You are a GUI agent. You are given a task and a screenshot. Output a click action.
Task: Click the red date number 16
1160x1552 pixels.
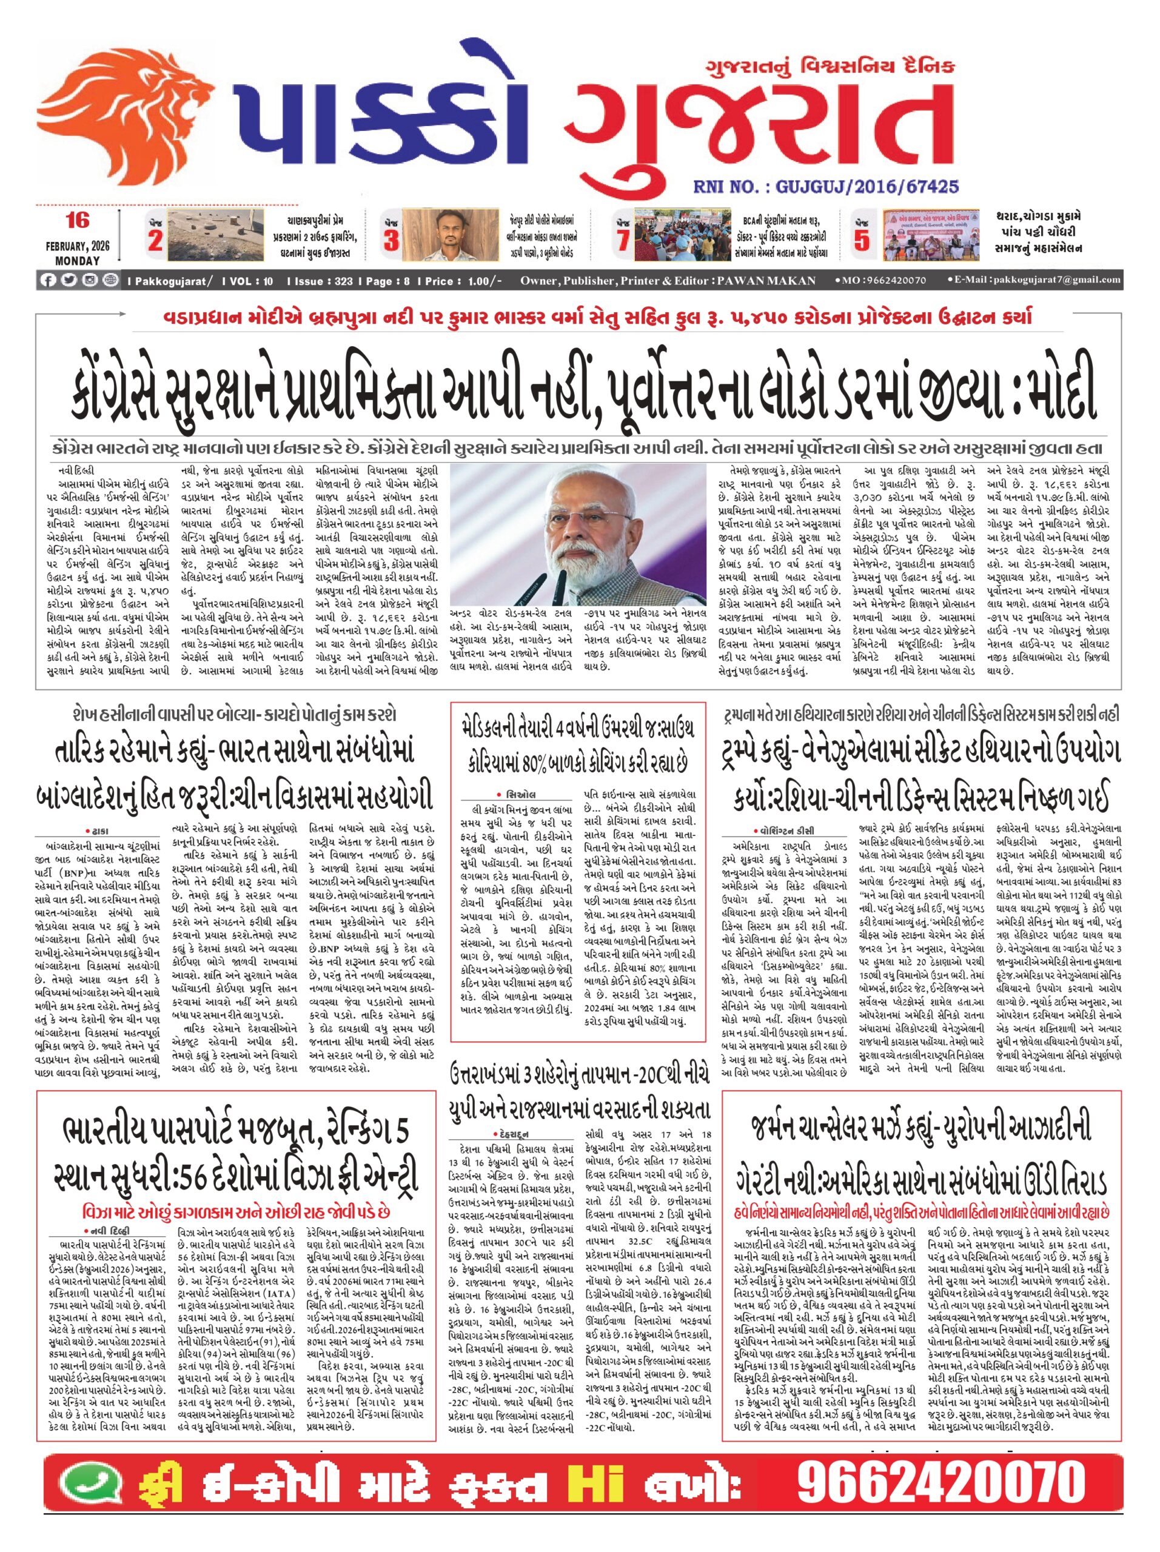point(77,221)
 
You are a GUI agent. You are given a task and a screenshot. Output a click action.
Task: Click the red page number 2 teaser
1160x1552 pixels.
point(155,241)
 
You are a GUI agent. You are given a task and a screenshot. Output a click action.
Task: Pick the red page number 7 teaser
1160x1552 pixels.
point(623,241)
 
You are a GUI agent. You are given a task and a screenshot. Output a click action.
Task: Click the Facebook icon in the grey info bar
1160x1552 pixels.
point(48,281)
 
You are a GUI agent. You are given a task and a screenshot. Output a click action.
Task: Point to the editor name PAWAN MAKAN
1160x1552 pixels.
point(766,281)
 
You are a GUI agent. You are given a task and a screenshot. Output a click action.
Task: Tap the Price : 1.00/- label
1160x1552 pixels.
point(460,281)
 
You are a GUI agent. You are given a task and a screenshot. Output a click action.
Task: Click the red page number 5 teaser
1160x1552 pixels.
point(862,241)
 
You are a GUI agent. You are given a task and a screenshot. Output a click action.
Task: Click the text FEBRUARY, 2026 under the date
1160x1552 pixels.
point(77,246)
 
